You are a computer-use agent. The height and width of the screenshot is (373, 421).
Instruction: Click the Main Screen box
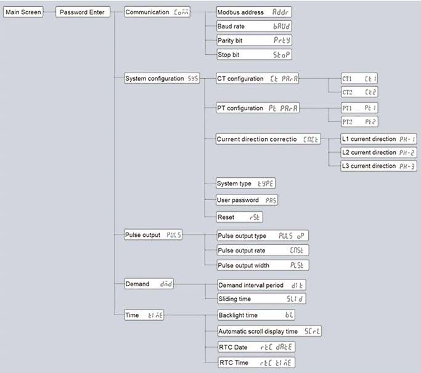coord(23,12)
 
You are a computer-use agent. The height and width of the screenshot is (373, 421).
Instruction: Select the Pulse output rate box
coord(262,250)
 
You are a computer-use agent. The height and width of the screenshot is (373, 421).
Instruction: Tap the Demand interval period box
coord(262,285)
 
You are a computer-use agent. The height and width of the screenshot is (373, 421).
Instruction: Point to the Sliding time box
coord(262,299)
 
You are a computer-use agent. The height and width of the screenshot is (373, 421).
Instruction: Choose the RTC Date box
coord(256,347)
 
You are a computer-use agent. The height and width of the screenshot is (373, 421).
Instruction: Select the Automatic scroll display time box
coord(269,331)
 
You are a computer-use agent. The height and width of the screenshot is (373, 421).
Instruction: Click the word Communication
coord(147,12)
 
